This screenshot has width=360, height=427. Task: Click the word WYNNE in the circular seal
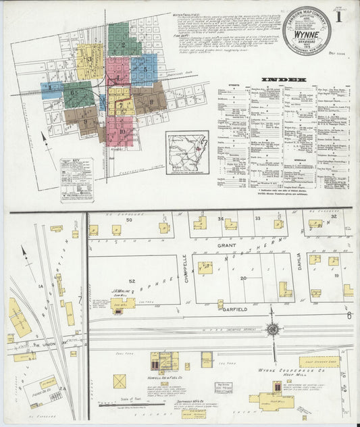[307, 30]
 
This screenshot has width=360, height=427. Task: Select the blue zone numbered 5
[144, 68]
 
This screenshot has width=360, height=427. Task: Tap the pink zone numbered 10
[122, 131]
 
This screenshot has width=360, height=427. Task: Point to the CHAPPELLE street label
[184, 268]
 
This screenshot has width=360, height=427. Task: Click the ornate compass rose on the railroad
[273, 330]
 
